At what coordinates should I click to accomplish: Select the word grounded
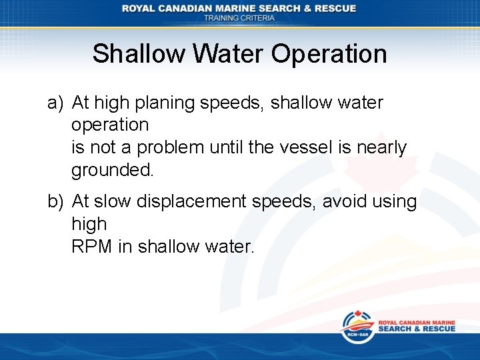click(113, 170)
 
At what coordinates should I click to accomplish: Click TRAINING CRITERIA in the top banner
click(239, 19)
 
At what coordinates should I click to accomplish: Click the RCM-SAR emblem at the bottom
click(357, 327)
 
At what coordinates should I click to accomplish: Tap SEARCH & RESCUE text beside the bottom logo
click(417, 329)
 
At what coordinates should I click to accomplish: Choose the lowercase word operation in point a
click(110, 125)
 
